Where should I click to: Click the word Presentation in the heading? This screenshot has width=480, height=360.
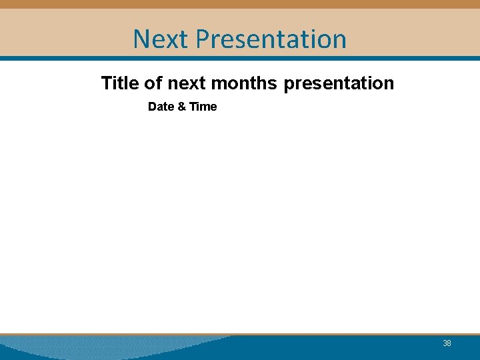click(271, 39)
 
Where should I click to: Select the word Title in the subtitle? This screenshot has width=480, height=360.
click(120, 83)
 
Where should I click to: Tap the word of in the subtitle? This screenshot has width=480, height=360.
click(153, 83)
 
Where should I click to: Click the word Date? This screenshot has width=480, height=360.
click(161, 107)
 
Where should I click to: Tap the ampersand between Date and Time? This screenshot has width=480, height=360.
click(181, 107)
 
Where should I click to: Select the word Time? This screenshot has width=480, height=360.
click(203, 107)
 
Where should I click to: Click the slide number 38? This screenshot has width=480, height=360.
click(447, 343)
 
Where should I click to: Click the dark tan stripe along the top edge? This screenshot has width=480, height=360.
click(240, 4)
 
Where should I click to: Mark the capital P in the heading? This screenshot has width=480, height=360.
click(203, 39)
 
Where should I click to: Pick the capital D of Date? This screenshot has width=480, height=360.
click(152, 107)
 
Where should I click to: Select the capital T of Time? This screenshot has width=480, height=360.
click(193, 107)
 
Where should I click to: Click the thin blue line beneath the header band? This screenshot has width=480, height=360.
click(240, 58)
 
